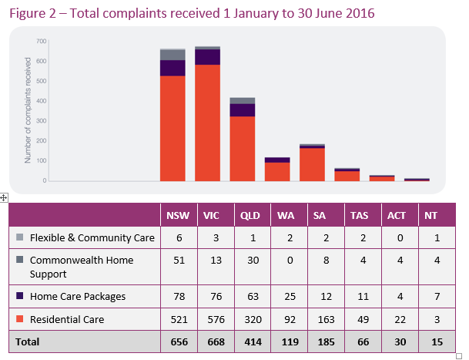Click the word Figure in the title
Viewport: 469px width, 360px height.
28,12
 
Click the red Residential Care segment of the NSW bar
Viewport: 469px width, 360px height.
173,128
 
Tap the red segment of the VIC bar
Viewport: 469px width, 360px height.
208,123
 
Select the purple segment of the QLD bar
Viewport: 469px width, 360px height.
243,109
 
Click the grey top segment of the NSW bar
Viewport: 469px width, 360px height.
173,54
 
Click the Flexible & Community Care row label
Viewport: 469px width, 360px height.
92,237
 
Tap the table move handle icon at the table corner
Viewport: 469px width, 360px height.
4,198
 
